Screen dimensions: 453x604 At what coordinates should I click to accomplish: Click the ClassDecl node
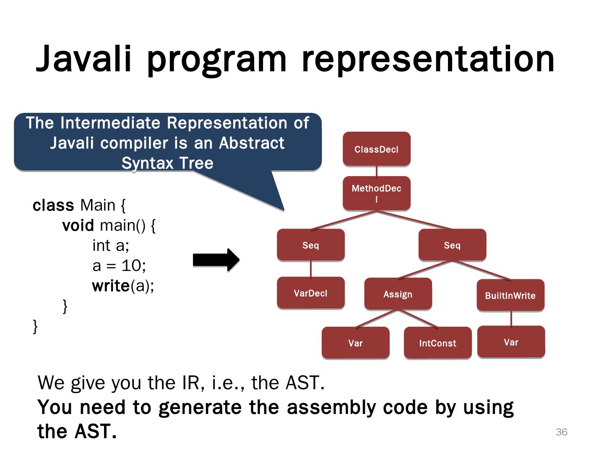click(376, 149)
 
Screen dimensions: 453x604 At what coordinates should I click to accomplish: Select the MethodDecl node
click(376, 193)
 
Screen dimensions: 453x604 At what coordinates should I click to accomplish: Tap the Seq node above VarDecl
click(310, 245)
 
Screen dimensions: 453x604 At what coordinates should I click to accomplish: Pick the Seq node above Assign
click(452, 245)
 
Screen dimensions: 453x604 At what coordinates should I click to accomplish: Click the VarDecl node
click(310, 293)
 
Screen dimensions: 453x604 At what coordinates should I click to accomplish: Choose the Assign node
click(398, 294)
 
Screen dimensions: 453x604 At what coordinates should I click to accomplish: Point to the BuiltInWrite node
click(510, 295)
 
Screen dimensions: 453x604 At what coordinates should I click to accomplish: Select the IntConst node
click(437, 343)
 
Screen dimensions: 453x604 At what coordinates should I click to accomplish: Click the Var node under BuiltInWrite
click(511, 342)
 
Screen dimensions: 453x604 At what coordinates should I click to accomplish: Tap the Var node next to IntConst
click(355, 343)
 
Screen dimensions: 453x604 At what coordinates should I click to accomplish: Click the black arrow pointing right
click(216, 260)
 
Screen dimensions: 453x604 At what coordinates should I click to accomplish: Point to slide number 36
click(561, 432)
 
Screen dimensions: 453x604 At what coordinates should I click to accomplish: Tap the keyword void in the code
click(78, 226)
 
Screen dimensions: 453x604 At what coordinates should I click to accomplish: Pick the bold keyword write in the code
click(111, 286)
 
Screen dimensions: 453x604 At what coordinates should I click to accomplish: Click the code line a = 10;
click(119, 266)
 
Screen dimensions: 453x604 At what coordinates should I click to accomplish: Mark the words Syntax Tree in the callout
click(167, 163)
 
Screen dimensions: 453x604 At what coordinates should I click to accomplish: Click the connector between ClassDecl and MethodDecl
click(376, 171)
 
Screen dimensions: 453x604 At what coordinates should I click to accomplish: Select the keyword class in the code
click(53, 206)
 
